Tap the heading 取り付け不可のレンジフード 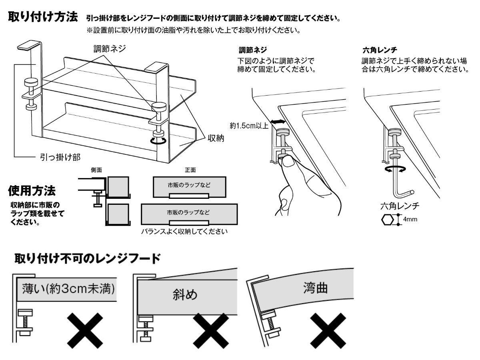88,258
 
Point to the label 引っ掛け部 59,157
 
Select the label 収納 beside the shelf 215,139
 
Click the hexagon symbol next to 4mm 387,220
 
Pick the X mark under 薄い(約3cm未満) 84,330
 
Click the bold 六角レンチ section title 379,50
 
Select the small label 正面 190,170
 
